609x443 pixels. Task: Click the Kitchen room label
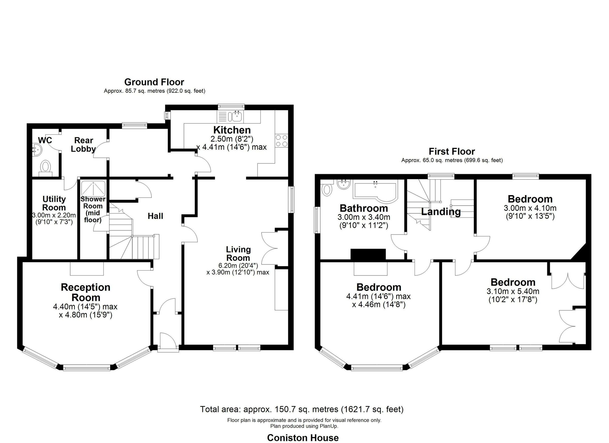pyautogui.click(x=232, y=130)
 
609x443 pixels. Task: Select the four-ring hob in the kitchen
pyautogui.click(x=281, y=140)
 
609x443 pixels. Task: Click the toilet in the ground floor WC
pyautogui.click(x=45, y=167)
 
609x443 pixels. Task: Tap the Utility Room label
pyautogui.click(x=54, y=203)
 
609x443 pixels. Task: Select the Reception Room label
pyautogui.click(x=86, y=292)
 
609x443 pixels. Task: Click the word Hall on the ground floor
pyautogui.click(x=155, y=216)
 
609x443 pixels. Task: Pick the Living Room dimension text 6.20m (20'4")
pyautogui.click(x=238, y=266)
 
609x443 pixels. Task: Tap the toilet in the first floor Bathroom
pyautogui.click(x=327, y=189)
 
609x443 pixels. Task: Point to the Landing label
pyautogui.click(x=441, y=212)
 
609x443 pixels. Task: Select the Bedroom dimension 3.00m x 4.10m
pyautogui.click(x=530, y=208)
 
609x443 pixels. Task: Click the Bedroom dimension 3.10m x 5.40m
pyautogui.click(x=513, y=291)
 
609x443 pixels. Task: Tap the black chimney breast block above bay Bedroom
pyautogui.click(x=368, y=254)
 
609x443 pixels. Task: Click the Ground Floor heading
pyautogui.click(x=154, y=82)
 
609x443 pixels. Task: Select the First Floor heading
pyautogui.click(x=452, y=151)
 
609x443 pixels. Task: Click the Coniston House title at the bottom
pyautogui.click(x=303, y=438)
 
